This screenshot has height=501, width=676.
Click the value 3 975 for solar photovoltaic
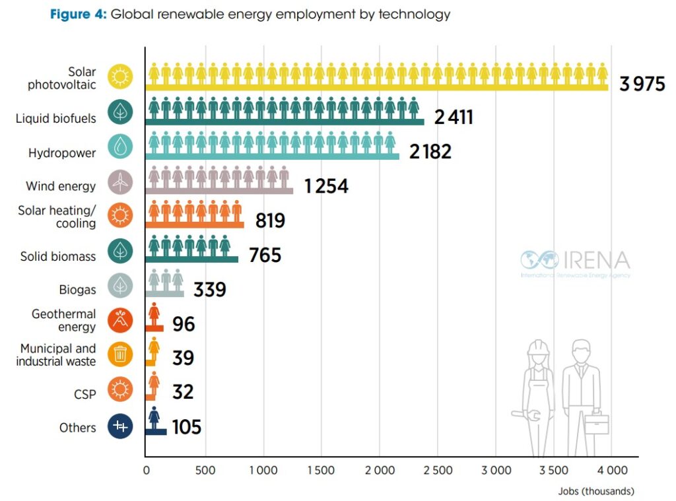pos(642,84)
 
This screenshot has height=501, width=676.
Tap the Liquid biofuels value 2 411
pos(454,117)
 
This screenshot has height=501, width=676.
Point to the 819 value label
pos(270,220)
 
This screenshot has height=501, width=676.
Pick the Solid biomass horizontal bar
pos(191,259)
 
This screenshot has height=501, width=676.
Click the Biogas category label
pos(77,290)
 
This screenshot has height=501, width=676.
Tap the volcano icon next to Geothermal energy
pos(121,321)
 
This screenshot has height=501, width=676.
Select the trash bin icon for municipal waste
pos(121,355)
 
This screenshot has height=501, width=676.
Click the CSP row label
pos(84,395)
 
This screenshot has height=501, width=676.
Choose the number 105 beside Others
pos(187,427)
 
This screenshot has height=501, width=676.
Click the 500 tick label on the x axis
pos(205,471)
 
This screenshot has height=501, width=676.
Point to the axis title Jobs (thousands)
pos(596,491)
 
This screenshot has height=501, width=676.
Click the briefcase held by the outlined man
pos(596,423)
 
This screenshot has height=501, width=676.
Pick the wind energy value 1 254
pos(326,186)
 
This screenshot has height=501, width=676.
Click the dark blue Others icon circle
pos(121,426)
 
